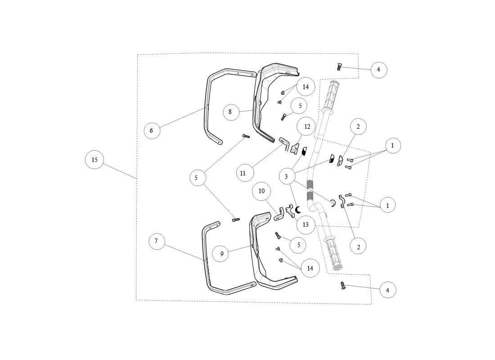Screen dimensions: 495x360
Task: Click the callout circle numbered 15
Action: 94,160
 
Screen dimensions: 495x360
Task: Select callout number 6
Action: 152,130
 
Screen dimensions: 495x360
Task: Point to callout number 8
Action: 231,112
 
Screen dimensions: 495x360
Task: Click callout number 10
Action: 261,191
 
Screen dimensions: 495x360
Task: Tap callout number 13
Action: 306,225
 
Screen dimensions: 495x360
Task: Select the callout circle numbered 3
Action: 287,176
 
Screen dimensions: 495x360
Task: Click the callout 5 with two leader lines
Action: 198,178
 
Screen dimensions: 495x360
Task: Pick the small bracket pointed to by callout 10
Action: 279,215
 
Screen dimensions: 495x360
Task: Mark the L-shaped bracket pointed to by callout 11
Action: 285,144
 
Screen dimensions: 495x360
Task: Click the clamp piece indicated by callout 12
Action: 295,148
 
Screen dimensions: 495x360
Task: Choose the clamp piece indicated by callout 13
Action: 290,211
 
